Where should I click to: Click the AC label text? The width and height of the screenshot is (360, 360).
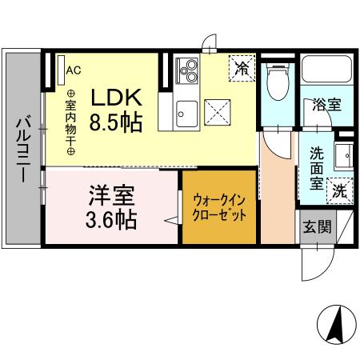74,70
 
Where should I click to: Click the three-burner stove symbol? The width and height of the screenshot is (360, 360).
187,70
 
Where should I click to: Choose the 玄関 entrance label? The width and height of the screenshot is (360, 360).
316,226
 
